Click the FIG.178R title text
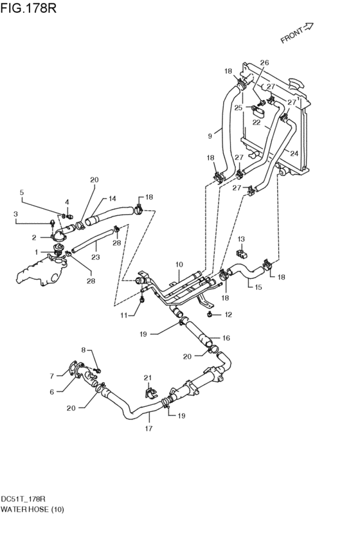(28, 8)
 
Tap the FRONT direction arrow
(308, 26)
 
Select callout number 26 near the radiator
(265, 63)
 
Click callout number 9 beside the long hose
(210, 136)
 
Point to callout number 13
(242, 239)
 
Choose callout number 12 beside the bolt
(228, 315)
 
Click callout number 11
(124, 316)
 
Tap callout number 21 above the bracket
(148, 378)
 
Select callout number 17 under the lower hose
(148, 428)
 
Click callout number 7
(51, 376)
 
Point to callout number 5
(22, 192)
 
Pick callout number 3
(15, 214)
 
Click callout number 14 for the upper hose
(113, 199)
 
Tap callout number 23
(96, 257)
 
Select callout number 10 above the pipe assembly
(179, 265)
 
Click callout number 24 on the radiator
(294, 153)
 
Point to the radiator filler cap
(296, 84)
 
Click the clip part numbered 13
(242, 253)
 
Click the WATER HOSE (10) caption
(32, 509)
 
